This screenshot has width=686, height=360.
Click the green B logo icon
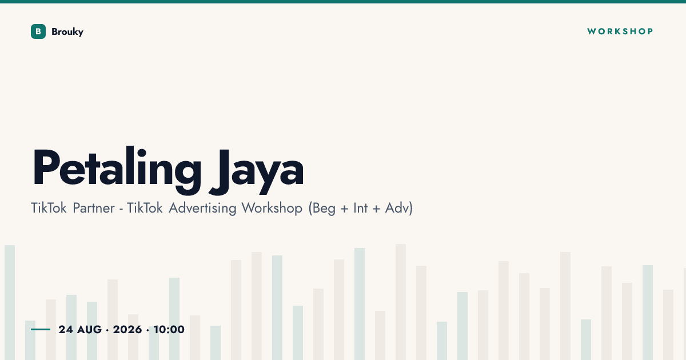(x=38, y=31)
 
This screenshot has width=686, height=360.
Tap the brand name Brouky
(x=67, y=32)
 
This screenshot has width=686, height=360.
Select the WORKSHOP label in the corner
(x=620, y=31)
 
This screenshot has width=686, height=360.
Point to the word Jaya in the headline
(x=257, y=171)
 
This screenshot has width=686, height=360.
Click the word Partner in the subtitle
(x=94, y=208)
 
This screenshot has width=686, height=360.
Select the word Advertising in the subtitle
(x=202, y=209)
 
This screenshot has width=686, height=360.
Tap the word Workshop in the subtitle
(x=272, y=209)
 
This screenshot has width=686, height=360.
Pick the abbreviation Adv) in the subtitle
(x=399, y=209)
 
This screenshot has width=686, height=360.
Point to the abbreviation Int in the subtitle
(x=361, y=208)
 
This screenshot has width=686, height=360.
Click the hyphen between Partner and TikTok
(x=121, y=210)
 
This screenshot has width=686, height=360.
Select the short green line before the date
(x=41, y=329)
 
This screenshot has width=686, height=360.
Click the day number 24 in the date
(x=66, y=330)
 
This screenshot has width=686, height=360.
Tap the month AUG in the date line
(x=89, y=330)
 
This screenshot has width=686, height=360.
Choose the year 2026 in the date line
(x=127, y=330)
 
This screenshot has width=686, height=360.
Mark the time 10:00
(x=169, y=330)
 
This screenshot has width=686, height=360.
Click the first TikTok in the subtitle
(x=49, y=208)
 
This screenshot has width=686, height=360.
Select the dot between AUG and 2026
(x=107, y=330)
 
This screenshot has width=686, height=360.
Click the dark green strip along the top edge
(x=343, y=2)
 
